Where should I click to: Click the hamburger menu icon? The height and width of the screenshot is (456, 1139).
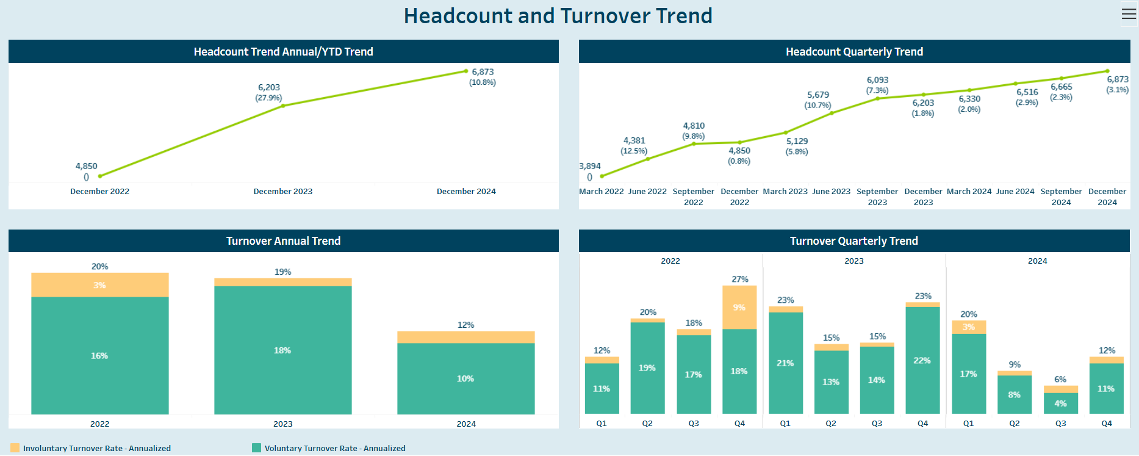pyautogui.click(x=1129, y=13)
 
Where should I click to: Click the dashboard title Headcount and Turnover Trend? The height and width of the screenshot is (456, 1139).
pyautogui.click(x=558, y=16)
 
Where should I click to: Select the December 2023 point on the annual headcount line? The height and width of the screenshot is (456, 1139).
pyautogui.click(x=283, y=106)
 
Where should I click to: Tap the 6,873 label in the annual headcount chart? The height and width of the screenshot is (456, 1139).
pyautogui.click(x=483, y=72)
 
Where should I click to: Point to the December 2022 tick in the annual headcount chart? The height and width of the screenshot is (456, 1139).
pyautogui.click(x=100, y=191)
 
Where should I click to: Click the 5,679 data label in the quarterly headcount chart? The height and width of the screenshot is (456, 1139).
pyautogui.click(x=818, y=95)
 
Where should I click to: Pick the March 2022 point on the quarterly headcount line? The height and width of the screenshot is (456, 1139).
pyautogui.click(x=602, y=176)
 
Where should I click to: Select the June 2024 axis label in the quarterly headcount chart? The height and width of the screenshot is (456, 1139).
pyautogui.click(x=1015, y=191)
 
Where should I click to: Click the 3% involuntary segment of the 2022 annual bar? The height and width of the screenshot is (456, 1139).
pyautogui.click(x=100, y=285)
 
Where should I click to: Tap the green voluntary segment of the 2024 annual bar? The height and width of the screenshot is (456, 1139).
pyautogui.click(x=466, y=378)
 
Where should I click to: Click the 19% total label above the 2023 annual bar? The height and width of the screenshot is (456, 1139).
pyautogui.click(x=283, y=272)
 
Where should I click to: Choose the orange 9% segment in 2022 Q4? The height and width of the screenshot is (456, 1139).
pyautogui.click(x=739, y=307)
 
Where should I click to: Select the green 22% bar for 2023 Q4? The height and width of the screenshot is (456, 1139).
pyautogui.click(x=922, y=360)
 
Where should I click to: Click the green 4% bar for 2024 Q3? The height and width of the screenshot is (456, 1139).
pyautogui.click(x=1061, y=404)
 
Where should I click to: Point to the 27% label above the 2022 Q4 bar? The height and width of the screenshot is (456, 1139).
pyautogui.click(x=740, y=279)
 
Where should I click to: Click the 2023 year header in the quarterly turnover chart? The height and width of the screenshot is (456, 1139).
pyautogui.click(x=854, y=261)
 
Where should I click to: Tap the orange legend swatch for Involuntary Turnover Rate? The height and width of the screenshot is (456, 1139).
pyautogui.click(x=15, y=448)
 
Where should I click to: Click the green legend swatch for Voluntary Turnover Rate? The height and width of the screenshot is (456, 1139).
pyautogui.click(x=257, y=448)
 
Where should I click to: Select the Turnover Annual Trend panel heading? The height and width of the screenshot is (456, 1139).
pyautogui.click(x=284, y=241)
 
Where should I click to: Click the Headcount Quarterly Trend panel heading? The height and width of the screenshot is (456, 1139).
pyautogui.click(x=855, y=52)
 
